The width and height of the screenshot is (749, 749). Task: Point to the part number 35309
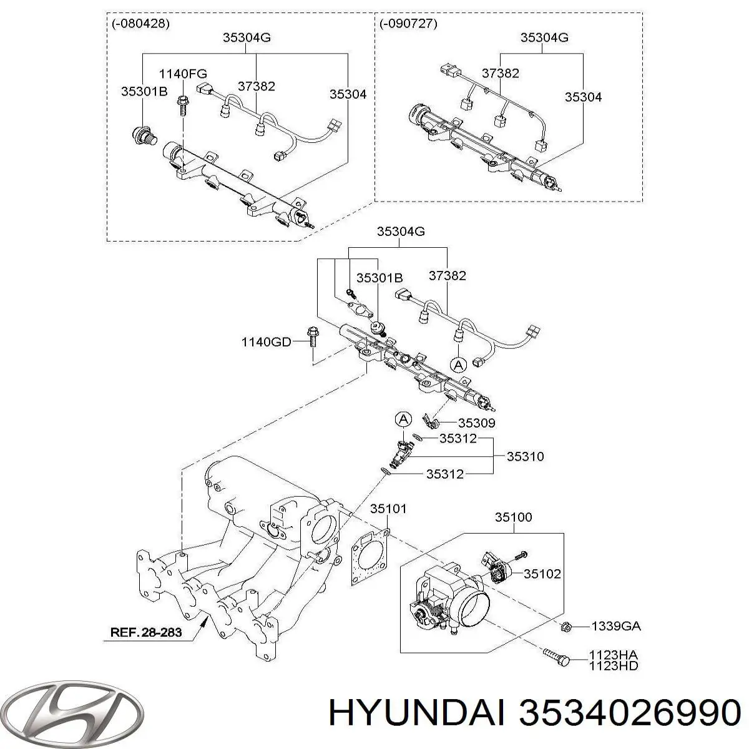point(476,423)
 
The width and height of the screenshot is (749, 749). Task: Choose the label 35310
point(525,456)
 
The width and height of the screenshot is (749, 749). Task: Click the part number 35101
point(388,509)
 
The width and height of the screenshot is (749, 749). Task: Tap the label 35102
point(542,574)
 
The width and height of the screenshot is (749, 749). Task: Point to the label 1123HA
point(614,655)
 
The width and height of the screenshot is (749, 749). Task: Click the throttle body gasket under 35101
point(370,557)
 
